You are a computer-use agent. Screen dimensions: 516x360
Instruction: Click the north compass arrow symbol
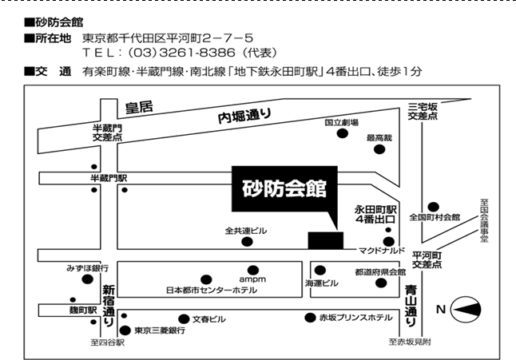point(466,310)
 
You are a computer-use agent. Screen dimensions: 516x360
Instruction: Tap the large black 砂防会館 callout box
point(284,188)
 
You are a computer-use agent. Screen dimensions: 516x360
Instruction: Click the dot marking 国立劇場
point(342,133)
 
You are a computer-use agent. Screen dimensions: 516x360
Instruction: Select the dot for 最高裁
point(379,149)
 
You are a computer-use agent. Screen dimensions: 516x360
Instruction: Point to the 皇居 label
point(139,107)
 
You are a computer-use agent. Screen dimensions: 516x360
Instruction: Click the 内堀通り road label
point(244,116)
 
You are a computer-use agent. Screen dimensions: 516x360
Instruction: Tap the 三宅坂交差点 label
point(423,111)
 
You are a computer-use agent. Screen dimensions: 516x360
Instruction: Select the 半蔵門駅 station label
point(109,178)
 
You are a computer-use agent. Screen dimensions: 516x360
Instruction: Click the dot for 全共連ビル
point(247,242)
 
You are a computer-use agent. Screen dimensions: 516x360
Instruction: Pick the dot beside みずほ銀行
point(87,279)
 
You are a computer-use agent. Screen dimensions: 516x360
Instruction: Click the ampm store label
point(252,279)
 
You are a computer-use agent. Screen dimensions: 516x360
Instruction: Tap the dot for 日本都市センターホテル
point(206,280)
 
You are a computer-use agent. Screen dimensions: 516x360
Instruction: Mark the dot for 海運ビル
point(320,271)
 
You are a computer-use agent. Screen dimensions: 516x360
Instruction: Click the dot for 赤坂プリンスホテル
point(310,318)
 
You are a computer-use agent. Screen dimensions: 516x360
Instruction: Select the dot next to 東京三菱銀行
point(125,330)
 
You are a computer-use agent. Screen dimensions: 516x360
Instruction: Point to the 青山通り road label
point(411,306)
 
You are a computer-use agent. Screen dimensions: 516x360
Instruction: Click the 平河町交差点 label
point(427,260)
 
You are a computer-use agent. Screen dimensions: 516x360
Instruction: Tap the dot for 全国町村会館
point(433,207)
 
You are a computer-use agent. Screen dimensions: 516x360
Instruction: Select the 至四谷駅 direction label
point(108,342)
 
